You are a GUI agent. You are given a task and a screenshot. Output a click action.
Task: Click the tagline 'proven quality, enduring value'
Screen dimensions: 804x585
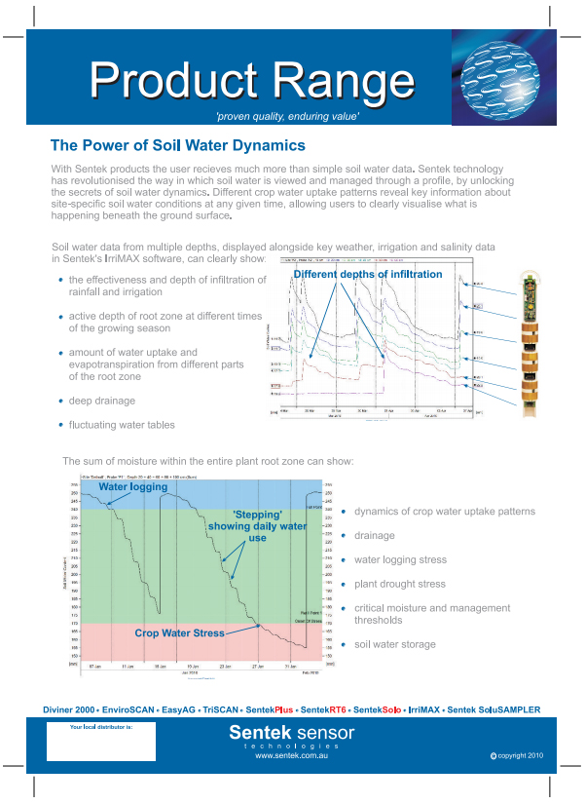coord(288,117)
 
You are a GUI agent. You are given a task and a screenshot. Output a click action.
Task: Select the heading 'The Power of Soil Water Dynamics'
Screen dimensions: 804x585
coord(178,145)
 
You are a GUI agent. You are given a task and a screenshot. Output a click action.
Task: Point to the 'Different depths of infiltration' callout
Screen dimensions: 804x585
coord(368,275)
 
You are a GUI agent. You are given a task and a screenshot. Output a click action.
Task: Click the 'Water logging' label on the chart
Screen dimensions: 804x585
coord(133,486)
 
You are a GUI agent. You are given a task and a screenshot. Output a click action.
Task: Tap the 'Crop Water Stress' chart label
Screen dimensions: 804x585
coord(179,632)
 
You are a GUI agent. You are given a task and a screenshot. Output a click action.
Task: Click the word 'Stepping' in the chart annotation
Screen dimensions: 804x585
coord(258,514)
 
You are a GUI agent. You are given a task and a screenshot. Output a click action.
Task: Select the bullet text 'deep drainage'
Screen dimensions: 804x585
coord(102,401)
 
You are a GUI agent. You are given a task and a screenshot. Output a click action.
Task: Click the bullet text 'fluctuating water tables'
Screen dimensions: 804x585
coord(122,425)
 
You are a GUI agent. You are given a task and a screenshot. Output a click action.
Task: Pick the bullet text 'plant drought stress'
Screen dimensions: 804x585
coord(399,584)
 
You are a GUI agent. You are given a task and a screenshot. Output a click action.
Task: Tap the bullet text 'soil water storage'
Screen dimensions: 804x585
coord(395,644)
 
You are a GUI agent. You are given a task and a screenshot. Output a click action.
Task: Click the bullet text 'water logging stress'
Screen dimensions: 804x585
coord(400,559)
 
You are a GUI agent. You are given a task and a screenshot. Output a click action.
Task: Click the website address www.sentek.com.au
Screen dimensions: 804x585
coord(291,755)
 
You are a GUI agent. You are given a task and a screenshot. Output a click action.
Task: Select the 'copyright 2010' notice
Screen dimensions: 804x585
coord(521,755)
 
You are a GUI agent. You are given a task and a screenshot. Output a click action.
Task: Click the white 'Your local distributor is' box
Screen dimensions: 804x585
coord(100,743)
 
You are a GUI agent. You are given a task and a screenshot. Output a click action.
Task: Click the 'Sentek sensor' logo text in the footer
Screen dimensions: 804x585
coord(291,732)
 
